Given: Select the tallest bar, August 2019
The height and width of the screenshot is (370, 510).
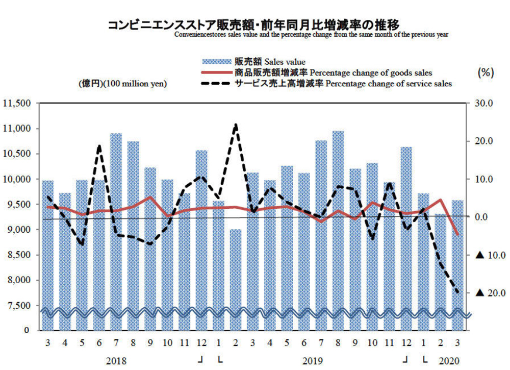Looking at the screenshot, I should pyautogui.click(x=338, y=219).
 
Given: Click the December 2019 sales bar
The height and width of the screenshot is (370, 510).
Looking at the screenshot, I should pyautogui.click(x=406, y=230).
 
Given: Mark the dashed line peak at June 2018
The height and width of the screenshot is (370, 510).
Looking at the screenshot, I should pyautogui.click(x=99, y=146).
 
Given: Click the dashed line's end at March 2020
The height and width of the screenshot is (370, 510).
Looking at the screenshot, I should pyautogui.click(x=457, y=292).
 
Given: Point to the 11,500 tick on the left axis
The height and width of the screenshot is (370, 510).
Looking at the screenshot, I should pyautogui.click(x=17, y=104).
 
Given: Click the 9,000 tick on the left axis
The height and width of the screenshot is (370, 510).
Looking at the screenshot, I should pyautogui.click(x=19, y=230).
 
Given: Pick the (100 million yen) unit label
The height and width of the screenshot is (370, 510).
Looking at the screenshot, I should pyautogui.click(x=122, y=84).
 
